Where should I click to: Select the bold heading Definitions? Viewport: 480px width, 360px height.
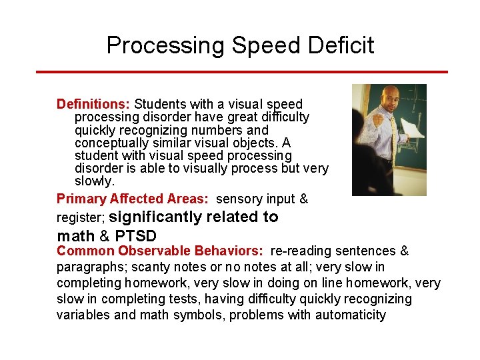point(93,104)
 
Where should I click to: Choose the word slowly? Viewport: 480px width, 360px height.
point(94,181)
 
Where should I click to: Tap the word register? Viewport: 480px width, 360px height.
point(79,217)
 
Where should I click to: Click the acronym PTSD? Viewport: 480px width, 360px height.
point(136,236)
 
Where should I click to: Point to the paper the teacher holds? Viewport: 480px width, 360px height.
point(413,127)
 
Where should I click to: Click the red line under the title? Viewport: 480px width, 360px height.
point(240,72)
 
